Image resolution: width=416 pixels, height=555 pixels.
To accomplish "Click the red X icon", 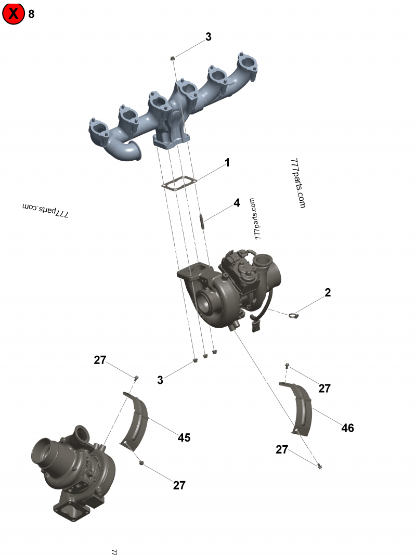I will [x=14, y=14].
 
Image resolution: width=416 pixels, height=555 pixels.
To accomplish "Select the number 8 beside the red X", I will [x=31, y=14].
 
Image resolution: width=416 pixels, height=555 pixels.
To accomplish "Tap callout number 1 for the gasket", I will [x=227, y=163].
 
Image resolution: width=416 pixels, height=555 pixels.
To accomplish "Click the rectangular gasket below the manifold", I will [x=178, y=183].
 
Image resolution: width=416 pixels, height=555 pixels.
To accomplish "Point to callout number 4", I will [x=237, y=202].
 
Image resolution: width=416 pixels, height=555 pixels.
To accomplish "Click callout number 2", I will [x=328, y=292].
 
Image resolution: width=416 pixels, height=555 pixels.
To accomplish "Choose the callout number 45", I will [x=184, y=437].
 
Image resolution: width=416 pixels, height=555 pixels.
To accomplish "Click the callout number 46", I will [x=347, y=428].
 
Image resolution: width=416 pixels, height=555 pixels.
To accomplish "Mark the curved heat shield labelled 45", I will [x=137, y=421].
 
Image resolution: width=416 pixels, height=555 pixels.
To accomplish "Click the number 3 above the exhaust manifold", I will [x=208, y=36].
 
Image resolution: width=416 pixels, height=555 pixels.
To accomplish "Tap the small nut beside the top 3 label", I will [x=173, y=59].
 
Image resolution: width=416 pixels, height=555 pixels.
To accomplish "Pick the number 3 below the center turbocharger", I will [x=160, y=380].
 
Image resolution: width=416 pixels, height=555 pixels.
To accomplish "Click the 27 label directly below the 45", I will [x=179, y=485].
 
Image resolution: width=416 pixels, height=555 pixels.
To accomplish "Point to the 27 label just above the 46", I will [x=324, y=388].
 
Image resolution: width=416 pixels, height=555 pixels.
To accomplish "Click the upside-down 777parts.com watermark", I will [x=46, y=210].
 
